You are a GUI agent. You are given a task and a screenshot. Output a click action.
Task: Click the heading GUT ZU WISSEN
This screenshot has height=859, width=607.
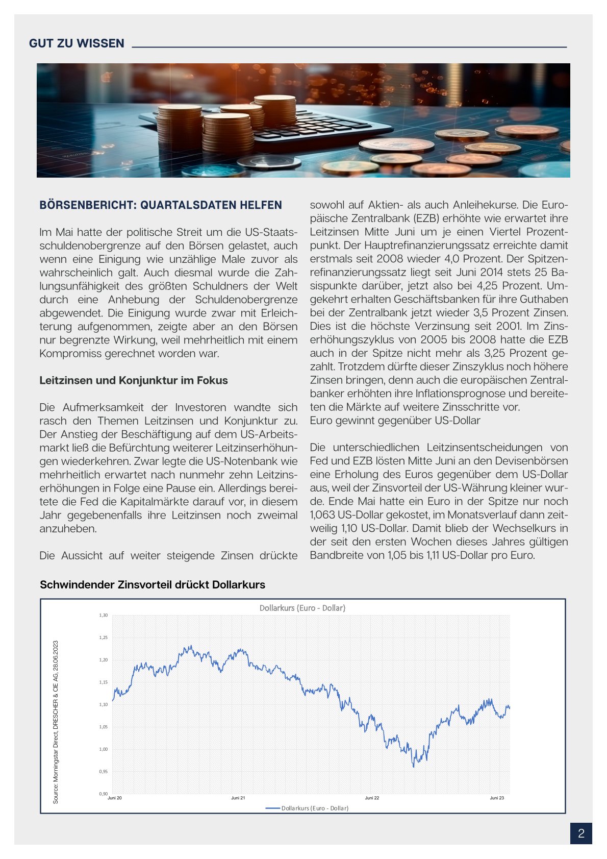click(x=77, y=43)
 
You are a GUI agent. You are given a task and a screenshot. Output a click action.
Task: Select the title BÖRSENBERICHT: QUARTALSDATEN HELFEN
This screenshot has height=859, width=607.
click(x=161, y=205)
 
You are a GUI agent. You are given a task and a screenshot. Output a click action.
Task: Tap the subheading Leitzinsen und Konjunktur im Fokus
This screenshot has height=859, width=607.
click(x=134, y=380)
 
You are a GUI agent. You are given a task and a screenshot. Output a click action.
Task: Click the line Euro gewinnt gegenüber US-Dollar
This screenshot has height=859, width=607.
click(x=395, y=421)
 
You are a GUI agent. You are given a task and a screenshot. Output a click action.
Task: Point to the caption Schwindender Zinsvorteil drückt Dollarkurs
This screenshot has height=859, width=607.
click(x=153, y=585)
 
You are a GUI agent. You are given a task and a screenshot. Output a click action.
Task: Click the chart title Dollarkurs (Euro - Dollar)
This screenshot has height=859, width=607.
click(x=302, y=608)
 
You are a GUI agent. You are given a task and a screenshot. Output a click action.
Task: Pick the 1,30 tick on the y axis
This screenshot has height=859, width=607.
click(x=104, y=616)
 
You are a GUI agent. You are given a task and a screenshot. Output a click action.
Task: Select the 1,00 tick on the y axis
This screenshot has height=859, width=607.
click(x=104, y=749)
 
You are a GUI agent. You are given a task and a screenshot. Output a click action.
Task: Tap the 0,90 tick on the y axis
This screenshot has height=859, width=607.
click(x=104, y=794)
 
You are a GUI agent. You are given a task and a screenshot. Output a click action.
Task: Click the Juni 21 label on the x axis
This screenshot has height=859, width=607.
click(x=238, y=798)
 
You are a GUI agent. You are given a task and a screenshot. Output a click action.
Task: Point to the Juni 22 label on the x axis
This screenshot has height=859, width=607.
click(x=372, y=798)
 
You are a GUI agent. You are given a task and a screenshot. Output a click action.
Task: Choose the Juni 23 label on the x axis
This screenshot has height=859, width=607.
click(x=497, y=798)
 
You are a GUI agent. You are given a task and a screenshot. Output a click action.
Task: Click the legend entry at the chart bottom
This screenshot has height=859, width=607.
click(x=308, y=808)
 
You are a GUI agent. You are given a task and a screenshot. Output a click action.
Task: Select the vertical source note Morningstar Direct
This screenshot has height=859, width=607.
click(x=56, y=722)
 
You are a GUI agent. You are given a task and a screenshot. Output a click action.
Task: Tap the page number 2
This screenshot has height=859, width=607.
click(x=581, y=833)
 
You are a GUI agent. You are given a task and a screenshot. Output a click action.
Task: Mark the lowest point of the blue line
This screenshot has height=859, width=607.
click(x=413, y=766)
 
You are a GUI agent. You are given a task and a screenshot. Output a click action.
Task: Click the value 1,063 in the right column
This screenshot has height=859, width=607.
click(x=323, y=515)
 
